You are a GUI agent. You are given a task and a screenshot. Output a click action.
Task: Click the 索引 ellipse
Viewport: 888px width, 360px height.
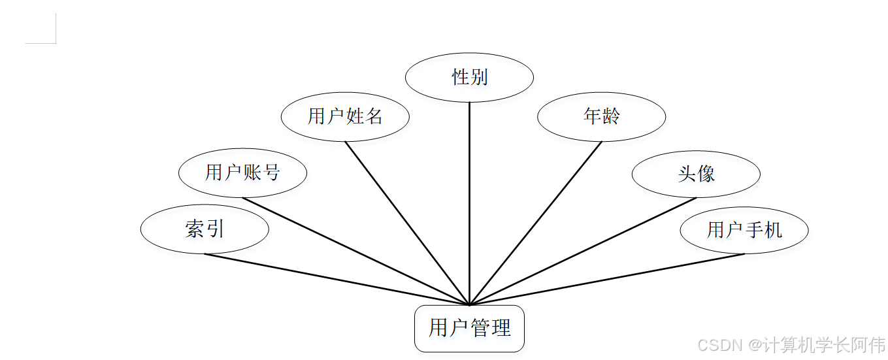click(x=205, y=229)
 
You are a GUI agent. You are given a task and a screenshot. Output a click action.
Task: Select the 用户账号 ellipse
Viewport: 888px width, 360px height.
click(x=242, y=173)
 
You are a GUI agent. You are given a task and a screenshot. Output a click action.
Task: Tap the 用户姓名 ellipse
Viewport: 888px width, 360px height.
click(x=345, y=117)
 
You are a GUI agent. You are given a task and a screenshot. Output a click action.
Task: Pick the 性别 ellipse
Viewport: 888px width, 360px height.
click(x=469, y=78)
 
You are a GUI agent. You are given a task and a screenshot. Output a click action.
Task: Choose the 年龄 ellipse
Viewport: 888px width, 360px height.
click(x=601, y=117)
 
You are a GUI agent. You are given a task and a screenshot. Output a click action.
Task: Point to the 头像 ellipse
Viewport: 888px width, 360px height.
click(x=696, y=174)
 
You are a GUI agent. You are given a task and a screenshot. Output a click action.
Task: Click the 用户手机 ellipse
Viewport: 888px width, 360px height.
click(x=744, y=230)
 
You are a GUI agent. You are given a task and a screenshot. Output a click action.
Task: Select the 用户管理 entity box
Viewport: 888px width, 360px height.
click(x=469, y=328)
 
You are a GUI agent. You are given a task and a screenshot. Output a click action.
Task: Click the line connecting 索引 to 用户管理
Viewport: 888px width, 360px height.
click(x=337, y=279)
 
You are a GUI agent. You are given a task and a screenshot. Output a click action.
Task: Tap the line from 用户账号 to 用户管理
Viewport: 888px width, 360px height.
click(x=356, y=251)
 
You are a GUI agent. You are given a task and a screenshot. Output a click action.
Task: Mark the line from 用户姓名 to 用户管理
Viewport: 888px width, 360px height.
click(x=407, y=223)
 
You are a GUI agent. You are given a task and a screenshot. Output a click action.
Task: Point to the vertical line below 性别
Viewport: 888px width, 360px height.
click(x=469, y=203)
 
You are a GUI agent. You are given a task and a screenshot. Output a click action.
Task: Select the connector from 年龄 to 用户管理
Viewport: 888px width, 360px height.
click(x=536, y=223)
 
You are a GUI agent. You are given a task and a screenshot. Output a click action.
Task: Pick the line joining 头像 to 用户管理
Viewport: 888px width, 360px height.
click(x=583, y=251)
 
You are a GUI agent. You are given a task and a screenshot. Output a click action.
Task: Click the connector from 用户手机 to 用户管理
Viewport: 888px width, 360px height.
click(x=607, y=279)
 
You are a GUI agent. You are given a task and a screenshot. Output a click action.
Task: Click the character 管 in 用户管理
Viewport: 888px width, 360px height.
click(x=480, y=328)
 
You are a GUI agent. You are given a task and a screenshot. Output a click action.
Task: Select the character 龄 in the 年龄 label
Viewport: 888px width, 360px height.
click(x=611, y=117)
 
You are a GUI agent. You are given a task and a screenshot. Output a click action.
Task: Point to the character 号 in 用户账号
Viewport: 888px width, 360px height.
click(x=271, y=173)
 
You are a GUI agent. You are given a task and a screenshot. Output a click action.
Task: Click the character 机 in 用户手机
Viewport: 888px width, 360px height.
click(x=773, y=230)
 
